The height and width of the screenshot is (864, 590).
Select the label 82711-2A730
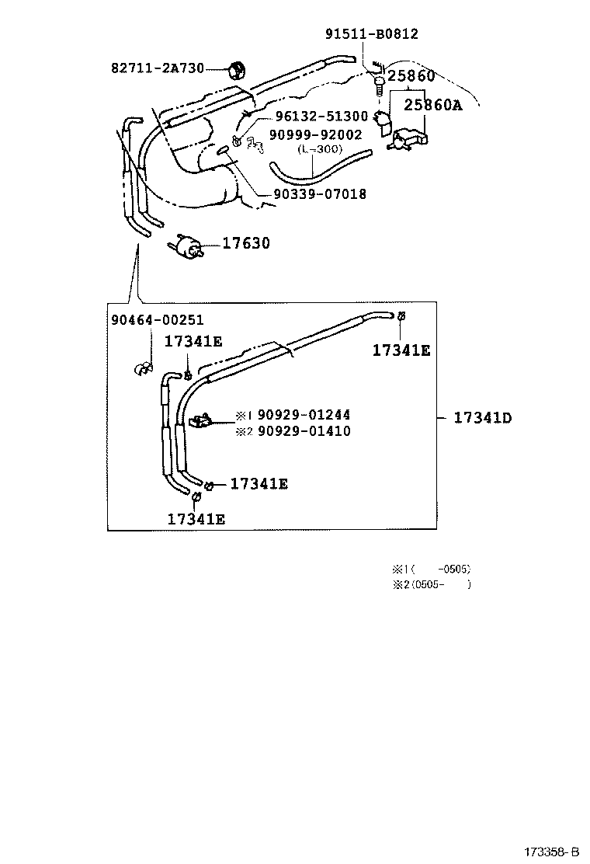tap(157, 68)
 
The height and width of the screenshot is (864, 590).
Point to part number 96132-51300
tap(321, 117)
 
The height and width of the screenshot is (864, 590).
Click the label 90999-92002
tap(315, 134)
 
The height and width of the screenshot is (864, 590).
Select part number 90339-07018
tap(320, 194)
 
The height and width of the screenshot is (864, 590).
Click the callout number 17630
tap(246, 244)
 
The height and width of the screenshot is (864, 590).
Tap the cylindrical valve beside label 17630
tap(187, 246)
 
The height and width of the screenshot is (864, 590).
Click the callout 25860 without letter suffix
tap(411, 76)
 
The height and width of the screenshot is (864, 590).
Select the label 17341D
tap(482, 418)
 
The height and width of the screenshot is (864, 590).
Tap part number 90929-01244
tap(304, 416)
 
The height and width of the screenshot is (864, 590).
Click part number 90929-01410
tap(304, 431)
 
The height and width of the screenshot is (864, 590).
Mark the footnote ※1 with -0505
tap(432, 569)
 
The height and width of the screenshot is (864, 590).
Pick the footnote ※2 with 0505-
tap(432, 584)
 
